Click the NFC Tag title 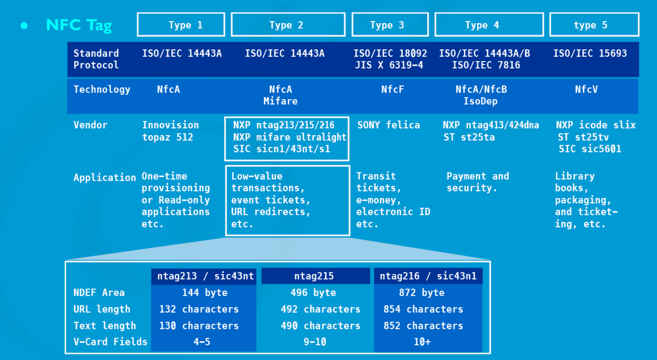(79, 25)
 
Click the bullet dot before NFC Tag (24, 26)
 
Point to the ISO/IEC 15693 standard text (590, 53)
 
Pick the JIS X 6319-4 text (389, 65)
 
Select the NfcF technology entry (392, 89)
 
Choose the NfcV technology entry (586, 89)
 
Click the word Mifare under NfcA (281, 101)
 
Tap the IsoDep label (480, 101)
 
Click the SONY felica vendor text (388, 125)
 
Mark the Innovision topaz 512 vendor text (170, 131)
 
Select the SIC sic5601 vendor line (590, 149)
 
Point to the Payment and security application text (477, 182)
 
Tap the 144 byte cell (205, 293)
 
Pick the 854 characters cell (423, 309)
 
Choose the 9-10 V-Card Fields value (315, 342)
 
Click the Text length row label (105, 326)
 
